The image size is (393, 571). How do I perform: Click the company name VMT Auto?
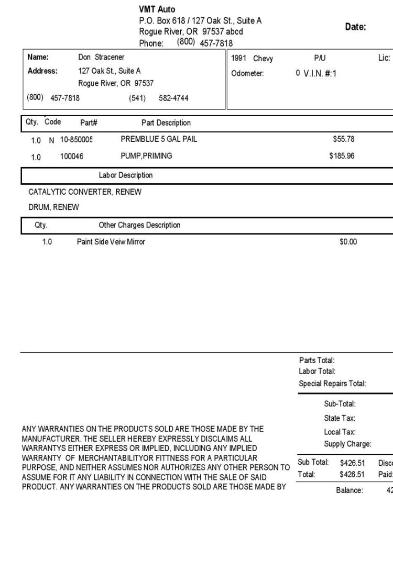(x=157, y=9)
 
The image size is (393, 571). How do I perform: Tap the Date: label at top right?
(x=355, y=27)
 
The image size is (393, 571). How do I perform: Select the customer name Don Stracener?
(x=101, y=57)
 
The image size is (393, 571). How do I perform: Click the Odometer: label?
(x=247, y=74)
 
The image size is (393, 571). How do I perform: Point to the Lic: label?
(x=384, y=58)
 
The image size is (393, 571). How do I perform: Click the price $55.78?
(x=344, y=139)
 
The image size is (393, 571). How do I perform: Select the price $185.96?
(x=342, y=156)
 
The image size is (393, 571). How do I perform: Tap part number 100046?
(x=72, y=156)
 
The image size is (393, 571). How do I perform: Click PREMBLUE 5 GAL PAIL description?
(x=159, y=139)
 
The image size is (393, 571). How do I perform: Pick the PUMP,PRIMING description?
(x=146, y=156)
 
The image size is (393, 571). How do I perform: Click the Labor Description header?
(x=126, y=175)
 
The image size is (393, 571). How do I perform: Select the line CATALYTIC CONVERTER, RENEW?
(x=85, y=192)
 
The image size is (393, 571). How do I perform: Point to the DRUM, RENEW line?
(x=53, y=207)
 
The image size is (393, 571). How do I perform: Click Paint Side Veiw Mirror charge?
(x=111, y=242)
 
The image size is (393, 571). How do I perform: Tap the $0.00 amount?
(x=348, y=242)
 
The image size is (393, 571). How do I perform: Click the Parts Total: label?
(x=316, y=360)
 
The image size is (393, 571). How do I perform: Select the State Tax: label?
(x=340, y=418)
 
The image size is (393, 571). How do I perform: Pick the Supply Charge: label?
(x=347, y=444)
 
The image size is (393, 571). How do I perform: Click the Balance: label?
(x=350, y=490)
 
